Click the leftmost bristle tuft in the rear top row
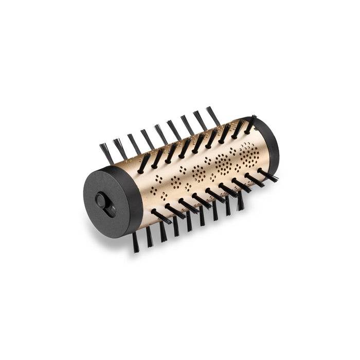(x=106, y=153)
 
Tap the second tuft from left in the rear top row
(x=120, y=148)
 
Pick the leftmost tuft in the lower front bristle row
(x=161, y=217)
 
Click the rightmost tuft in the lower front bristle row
(x=267, y=175)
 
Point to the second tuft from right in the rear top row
(x=200, y=120)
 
